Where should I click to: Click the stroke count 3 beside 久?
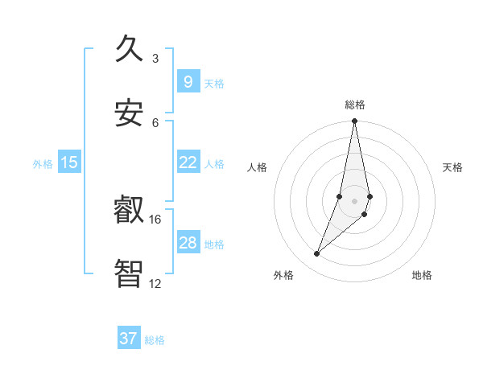click(155, 58)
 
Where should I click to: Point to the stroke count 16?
click(155, 219)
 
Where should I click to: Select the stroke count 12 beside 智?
click(155, 283)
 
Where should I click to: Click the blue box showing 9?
click(188, 81)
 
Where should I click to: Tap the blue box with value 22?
click(188, 162)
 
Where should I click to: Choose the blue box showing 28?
click(188, 243)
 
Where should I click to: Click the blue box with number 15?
click(69, 162)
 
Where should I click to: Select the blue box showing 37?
click(128, 339)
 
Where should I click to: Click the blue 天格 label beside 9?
click(214, 83)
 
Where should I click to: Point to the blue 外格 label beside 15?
click(43, 164)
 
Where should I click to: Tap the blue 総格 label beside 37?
click(155, 340)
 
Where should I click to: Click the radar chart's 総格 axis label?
click(354, 105)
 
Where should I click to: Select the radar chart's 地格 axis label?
click(422, 275)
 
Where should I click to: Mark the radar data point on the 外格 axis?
click(316, 254)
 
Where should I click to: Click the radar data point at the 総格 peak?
click(354, 121)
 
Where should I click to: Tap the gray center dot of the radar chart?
click(354, 201)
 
